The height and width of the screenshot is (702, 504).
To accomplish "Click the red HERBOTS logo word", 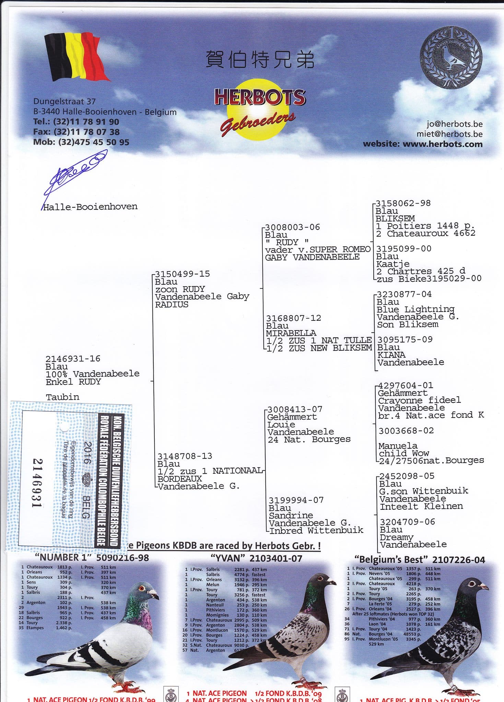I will click(260, 97).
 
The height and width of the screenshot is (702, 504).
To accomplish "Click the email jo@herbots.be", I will click(454, 124).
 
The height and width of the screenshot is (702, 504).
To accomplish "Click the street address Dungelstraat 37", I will click(64, 101).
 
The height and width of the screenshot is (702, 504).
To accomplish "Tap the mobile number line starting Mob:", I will click(81, 142).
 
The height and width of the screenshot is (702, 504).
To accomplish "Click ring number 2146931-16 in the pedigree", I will click(73, 359).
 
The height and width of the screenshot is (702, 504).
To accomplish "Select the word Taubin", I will click(62, 397).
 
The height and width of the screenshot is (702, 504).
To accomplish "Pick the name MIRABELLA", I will click(291, 333).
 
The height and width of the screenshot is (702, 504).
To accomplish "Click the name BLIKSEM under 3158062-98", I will click(395, 218).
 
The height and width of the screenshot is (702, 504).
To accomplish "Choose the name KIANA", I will click(391, 355).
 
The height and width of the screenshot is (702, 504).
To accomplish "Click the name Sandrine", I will click(291, 515).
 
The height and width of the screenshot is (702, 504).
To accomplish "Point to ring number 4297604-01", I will click(406, 385).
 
